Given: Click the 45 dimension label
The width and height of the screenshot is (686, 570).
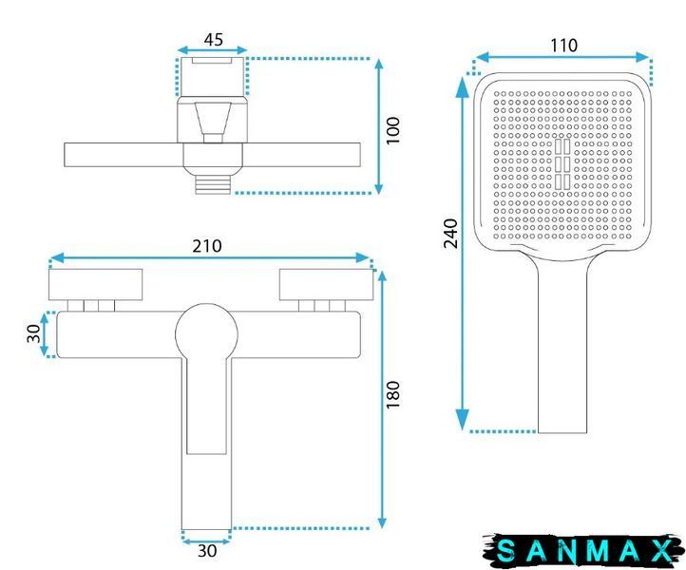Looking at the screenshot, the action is [x=214, y=39].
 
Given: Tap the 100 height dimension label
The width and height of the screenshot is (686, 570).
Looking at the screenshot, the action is [x=392, y=130].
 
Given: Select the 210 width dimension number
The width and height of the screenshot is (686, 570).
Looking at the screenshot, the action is [x=207, y=246].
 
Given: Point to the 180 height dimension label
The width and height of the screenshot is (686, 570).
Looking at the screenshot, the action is [x=392, y=394].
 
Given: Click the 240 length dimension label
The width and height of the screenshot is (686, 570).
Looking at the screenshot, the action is [x=450, y=234].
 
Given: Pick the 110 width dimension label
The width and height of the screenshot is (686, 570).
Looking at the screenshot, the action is [x=563, y=45].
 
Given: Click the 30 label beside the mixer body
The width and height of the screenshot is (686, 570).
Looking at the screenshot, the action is [x=33, y=333].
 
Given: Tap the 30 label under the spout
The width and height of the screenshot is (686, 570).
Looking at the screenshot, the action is [x=207, y=551].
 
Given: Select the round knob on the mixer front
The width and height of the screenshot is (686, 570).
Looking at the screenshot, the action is [x=206, y=334].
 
